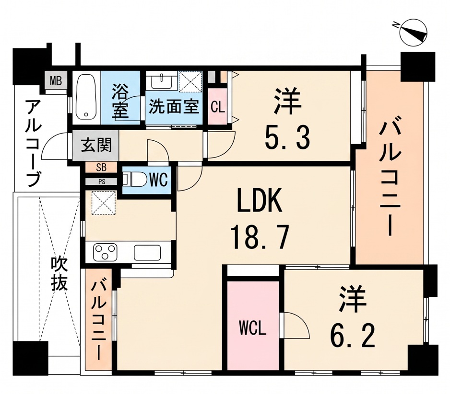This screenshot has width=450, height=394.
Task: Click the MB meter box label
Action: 56,81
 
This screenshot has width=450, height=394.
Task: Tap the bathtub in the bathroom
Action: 86,98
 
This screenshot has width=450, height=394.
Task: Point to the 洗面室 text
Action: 174,107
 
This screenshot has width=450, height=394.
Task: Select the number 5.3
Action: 287,138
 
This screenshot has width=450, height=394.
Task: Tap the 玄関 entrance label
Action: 96,145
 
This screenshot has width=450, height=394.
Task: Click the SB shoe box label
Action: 101,168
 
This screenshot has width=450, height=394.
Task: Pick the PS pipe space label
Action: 102,181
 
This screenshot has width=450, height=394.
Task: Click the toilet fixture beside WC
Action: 132,179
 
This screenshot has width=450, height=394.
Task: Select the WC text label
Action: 158,180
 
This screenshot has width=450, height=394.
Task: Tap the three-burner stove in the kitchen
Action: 105,252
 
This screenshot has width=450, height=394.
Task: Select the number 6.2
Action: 353,337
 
